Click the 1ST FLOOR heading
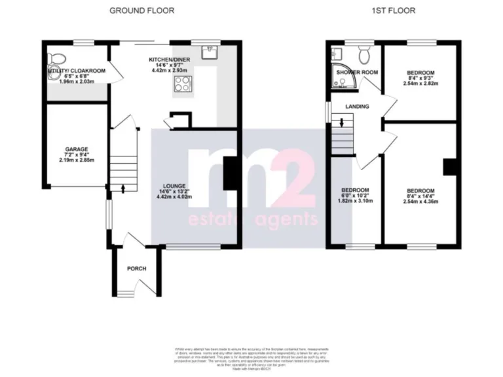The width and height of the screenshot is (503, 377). (392, 10)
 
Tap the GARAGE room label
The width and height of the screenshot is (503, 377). (76, 149)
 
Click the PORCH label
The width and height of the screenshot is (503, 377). (136, 268)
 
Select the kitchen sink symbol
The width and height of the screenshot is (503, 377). (211, 50)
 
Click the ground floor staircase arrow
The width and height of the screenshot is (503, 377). (123, 188)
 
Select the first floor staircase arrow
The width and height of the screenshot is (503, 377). (340, 122)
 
